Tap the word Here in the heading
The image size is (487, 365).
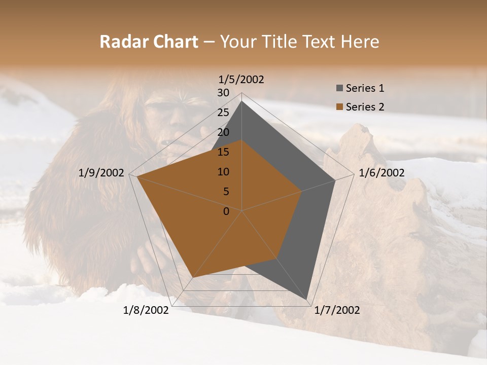click(x=360, y=42)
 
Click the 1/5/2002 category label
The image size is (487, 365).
click(x=241, y=79)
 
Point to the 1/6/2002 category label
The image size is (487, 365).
click(x=381, y=173)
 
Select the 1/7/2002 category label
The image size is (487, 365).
click(x=337, y=310)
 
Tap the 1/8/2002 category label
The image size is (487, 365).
click(x=146, y=310)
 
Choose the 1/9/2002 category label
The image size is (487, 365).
click(x=101, y=173)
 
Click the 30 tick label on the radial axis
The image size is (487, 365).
click(x=223, y=93)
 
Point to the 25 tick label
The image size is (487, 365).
click(x=223, y=113)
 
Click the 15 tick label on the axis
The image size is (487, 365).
click(x=223, y=152)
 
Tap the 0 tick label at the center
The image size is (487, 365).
click(x=226, y=211)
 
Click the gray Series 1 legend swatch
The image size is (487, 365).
click(x=339, y=88)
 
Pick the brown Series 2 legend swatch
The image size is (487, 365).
click(x=339, y=107)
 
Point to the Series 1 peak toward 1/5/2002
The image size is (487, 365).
click(x=241, y=101)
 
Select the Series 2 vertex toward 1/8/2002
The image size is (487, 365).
click(x=193, y=277)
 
